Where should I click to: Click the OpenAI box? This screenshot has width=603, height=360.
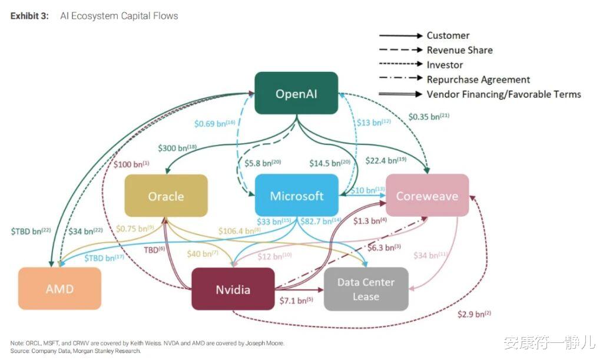pos(296,93)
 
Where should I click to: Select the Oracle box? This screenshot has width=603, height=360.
pos(166,196)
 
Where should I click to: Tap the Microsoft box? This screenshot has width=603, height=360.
pos(297,196)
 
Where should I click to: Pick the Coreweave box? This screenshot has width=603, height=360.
pos(427,196)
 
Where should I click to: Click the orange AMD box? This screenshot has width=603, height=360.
pos(59,289)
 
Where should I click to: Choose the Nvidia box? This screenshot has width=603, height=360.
pos(233,289)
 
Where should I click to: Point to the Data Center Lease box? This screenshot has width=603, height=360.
pos(366,289)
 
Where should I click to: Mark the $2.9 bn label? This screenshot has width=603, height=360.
pos(474,313)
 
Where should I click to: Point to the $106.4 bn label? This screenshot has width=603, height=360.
pos(238,230)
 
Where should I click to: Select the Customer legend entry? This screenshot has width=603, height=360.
pos(448,36)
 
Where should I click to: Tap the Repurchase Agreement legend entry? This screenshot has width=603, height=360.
pos(478,80)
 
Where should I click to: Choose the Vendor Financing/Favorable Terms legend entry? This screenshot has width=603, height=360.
pos(503,94)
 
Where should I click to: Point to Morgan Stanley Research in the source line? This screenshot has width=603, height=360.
pos(111,351)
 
